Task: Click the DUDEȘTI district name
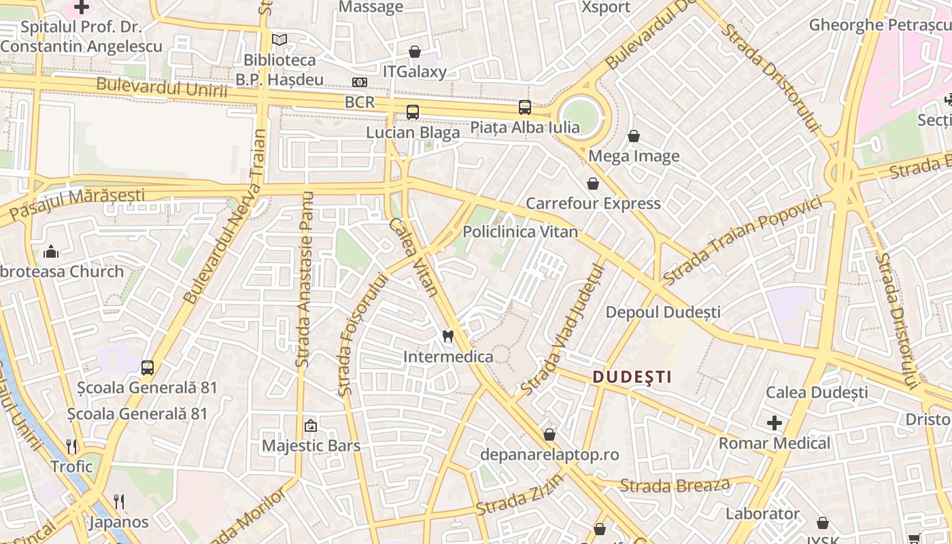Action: [632, 377]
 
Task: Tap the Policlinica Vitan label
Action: [520, 232]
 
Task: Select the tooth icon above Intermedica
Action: [447, 335]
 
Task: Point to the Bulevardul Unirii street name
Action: [161, 88]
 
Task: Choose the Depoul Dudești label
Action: [663, 313]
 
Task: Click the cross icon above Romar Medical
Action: [775, 423]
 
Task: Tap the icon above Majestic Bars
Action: [311, 426]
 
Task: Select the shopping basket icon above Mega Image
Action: [634, 136]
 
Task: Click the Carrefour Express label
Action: [593, 203]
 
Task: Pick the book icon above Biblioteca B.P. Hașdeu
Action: [279, 39]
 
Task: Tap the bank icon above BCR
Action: [360, 82]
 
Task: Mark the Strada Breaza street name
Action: [675, 486]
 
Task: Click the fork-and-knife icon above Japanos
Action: [119, 502]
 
